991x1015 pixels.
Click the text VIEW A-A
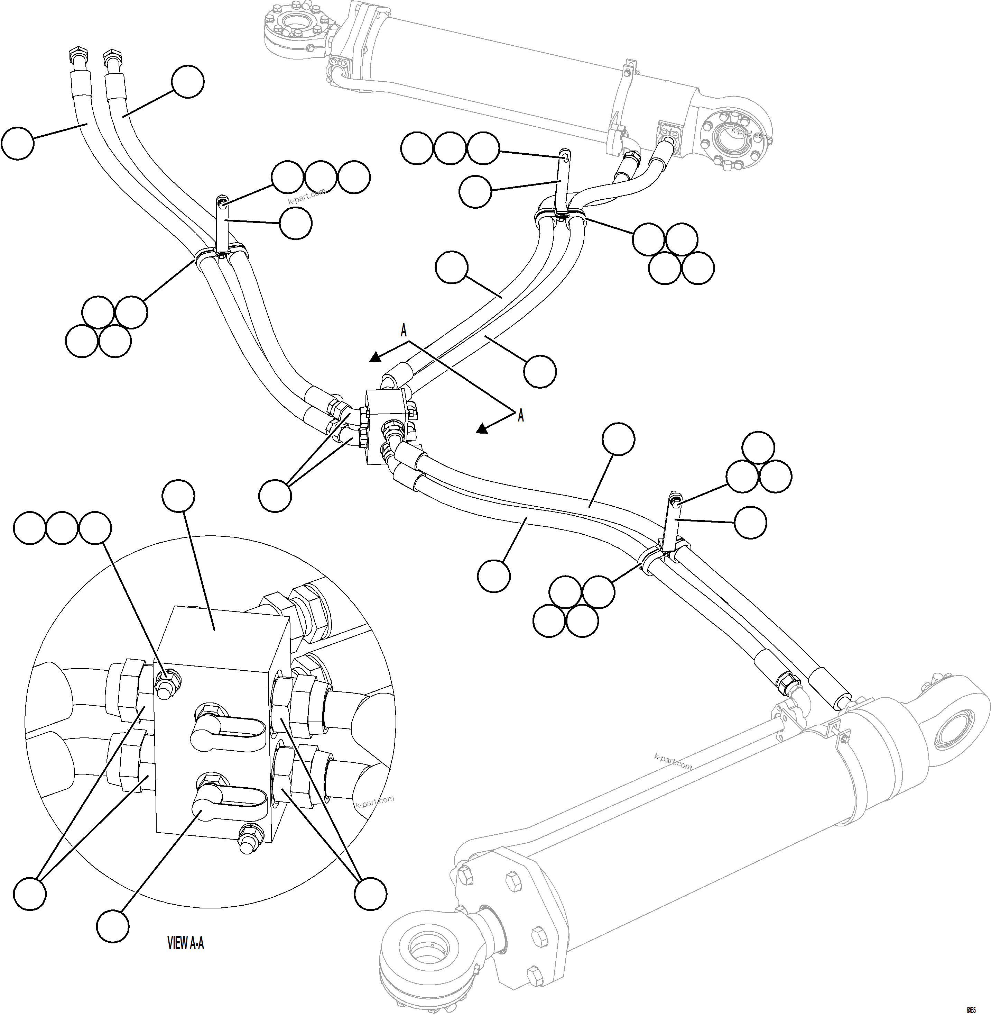point(185,943)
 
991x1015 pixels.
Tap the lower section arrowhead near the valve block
point(482,428)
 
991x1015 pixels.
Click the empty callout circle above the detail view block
point(178,496)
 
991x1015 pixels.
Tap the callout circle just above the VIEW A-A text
point(113,926)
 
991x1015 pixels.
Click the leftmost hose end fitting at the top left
point(76,55)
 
